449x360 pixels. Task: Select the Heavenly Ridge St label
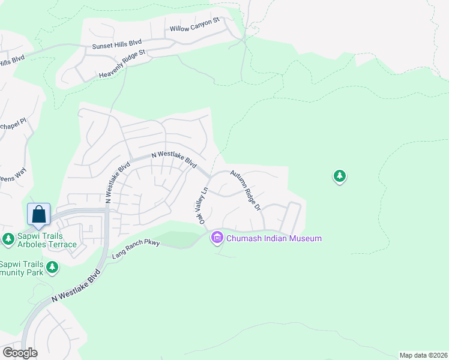click(x=122, y=65)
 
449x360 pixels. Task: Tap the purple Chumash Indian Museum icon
click(x=217, y=238)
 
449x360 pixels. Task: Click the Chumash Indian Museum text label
click(x=273, y=239)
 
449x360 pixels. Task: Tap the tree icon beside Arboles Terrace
click(x=8, y=239)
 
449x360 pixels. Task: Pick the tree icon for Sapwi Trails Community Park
click(x=52, y=268)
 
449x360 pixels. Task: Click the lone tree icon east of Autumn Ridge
click(x=340, y=176)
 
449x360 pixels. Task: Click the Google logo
click(x=20, y=352)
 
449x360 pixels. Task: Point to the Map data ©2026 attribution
click(x=423, y=355)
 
